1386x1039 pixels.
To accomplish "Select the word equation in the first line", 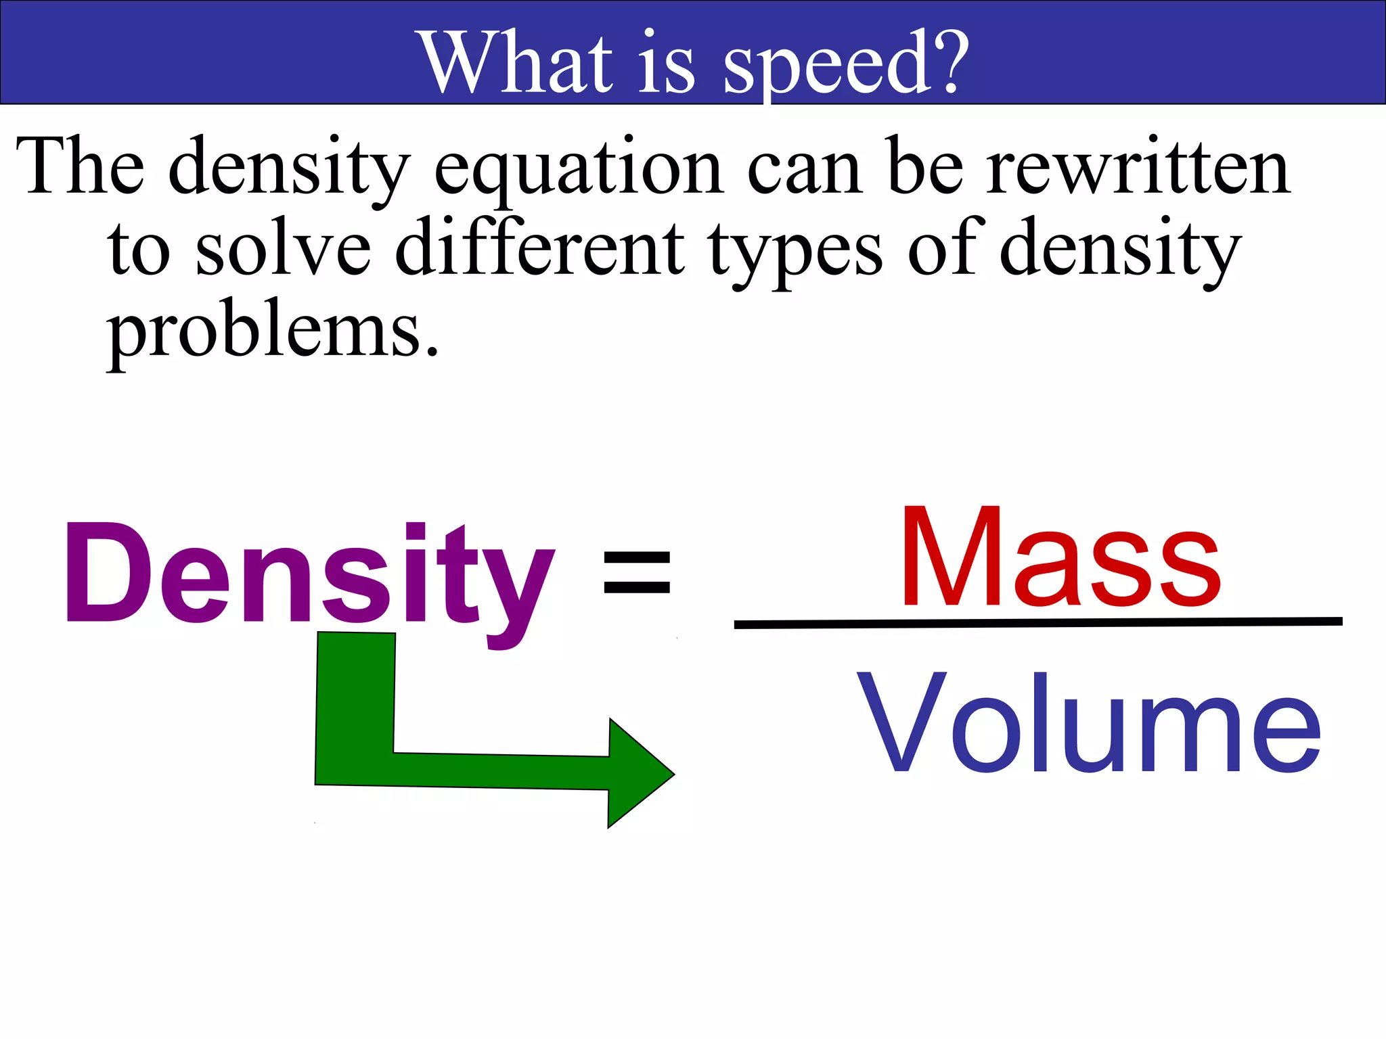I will tap(579, 169).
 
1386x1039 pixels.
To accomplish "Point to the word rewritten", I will tap(1138, 167).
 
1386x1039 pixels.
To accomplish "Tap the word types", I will tap(795, 252).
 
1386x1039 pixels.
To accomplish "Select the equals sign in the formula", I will tap(636, 572).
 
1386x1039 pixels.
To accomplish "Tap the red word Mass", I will tap(1060, 559).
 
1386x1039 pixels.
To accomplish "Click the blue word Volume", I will tap(1089, 723).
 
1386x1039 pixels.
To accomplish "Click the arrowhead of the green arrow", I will tap(639, 773).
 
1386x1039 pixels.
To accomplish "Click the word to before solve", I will tap(139, 250).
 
